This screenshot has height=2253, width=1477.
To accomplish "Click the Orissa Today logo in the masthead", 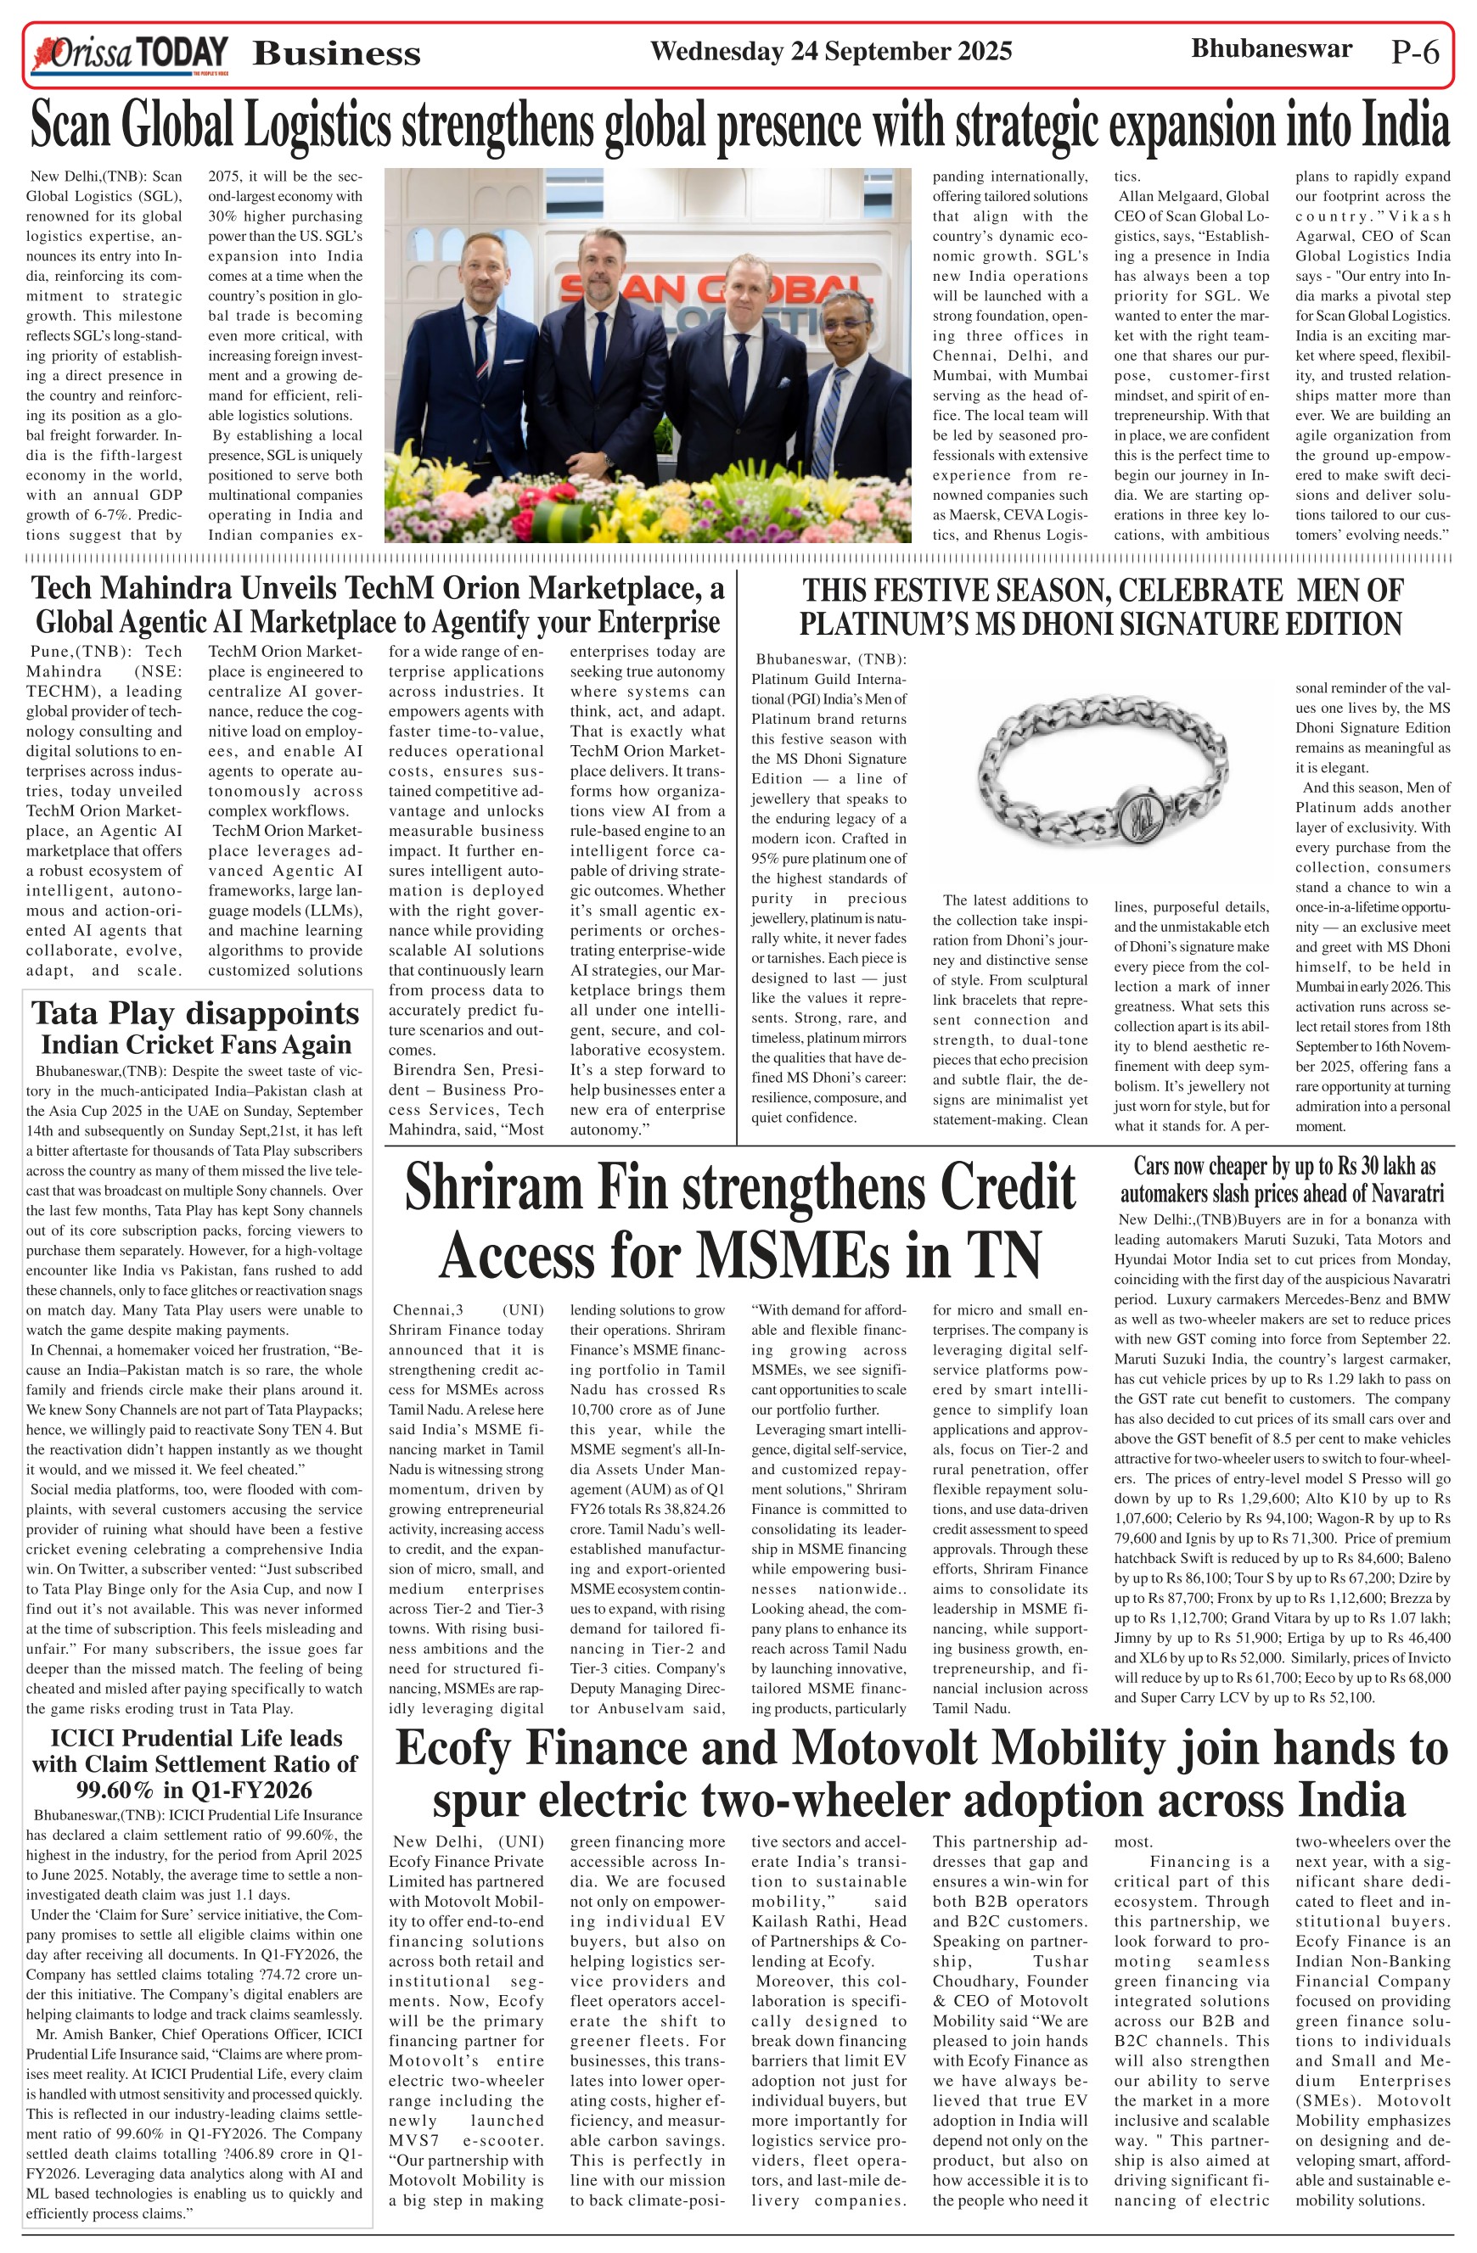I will pyautogui.click(x=130, y=54).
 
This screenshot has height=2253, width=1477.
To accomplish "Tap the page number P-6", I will pyautogui.click(x=1414, y=53).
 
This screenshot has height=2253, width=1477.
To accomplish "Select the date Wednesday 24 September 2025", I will pyautogui.click(x=830, y=51).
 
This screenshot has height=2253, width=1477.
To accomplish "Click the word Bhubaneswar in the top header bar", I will pyautogui.click(x=1271, y=49).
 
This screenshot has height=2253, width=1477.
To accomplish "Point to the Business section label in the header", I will pyautogui.click(x=336, y=54).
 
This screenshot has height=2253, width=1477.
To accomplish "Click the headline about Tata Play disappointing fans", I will pyautogui.click(x=196, y=1028).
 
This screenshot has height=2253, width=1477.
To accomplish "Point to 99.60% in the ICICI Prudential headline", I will pyautogui.click(x=113, y=1790).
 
